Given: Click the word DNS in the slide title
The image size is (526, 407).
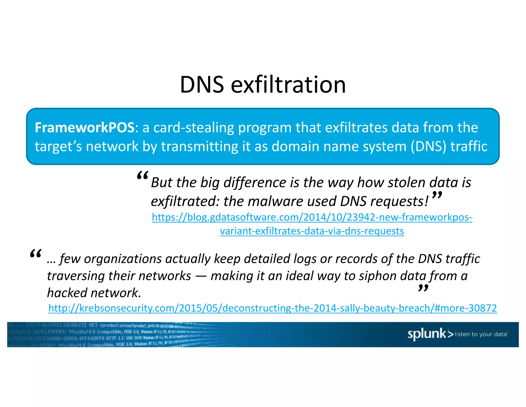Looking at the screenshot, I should click(202, 85).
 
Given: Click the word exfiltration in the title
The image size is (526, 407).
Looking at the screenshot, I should click(288, 85).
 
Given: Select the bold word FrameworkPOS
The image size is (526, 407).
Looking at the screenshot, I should click(84, 127).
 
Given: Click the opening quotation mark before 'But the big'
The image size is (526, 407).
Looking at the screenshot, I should click(143, 176).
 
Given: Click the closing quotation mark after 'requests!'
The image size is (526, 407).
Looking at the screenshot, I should click(437, 195).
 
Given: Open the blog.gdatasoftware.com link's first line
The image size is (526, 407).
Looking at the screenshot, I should click(312, 217).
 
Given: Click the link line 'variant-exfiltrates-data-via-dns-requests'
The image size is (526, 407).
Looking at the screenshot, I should click(312, 231).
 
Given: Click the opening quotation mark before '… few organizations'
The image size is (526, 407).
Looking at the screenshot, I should click(35, 254).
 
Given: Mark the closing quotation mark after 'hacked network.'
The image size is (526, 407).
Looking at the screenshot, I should click(423, 288).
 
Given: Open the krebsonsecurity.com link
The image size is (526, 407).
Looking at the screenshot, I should click(273, 308).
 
